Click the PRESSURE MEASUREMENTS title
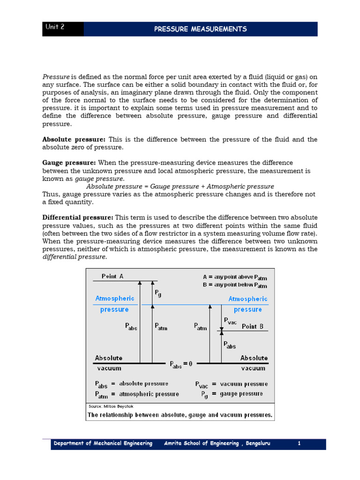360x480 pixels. (x=200, y=29)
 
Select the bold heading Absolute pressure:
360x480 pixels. (x=74, y=140)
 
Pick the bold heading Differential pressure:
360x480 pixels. (x=78, y=217)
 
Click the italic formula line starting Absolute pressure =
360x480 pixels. (x=180, y=186)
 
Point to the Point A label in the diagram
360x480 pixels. (x=112, y=277)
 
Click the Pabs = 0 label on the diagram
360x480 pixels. (x=181, y=364)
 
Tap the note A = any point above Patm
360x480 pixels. (x=235, y=277)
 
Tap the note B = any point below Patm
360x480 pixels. (x=235, y=285)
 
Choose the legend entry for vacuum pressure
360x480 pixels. (x=231, y=384)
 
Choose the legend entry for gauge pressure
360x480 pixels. (x=231, y=394)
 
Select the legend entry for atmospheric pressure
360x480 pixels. (x=137, y=394)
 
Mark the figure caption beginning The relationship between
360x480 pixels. (x=180, y=415)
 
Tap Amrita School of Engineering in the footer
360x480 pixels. (x=217, y=443)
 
